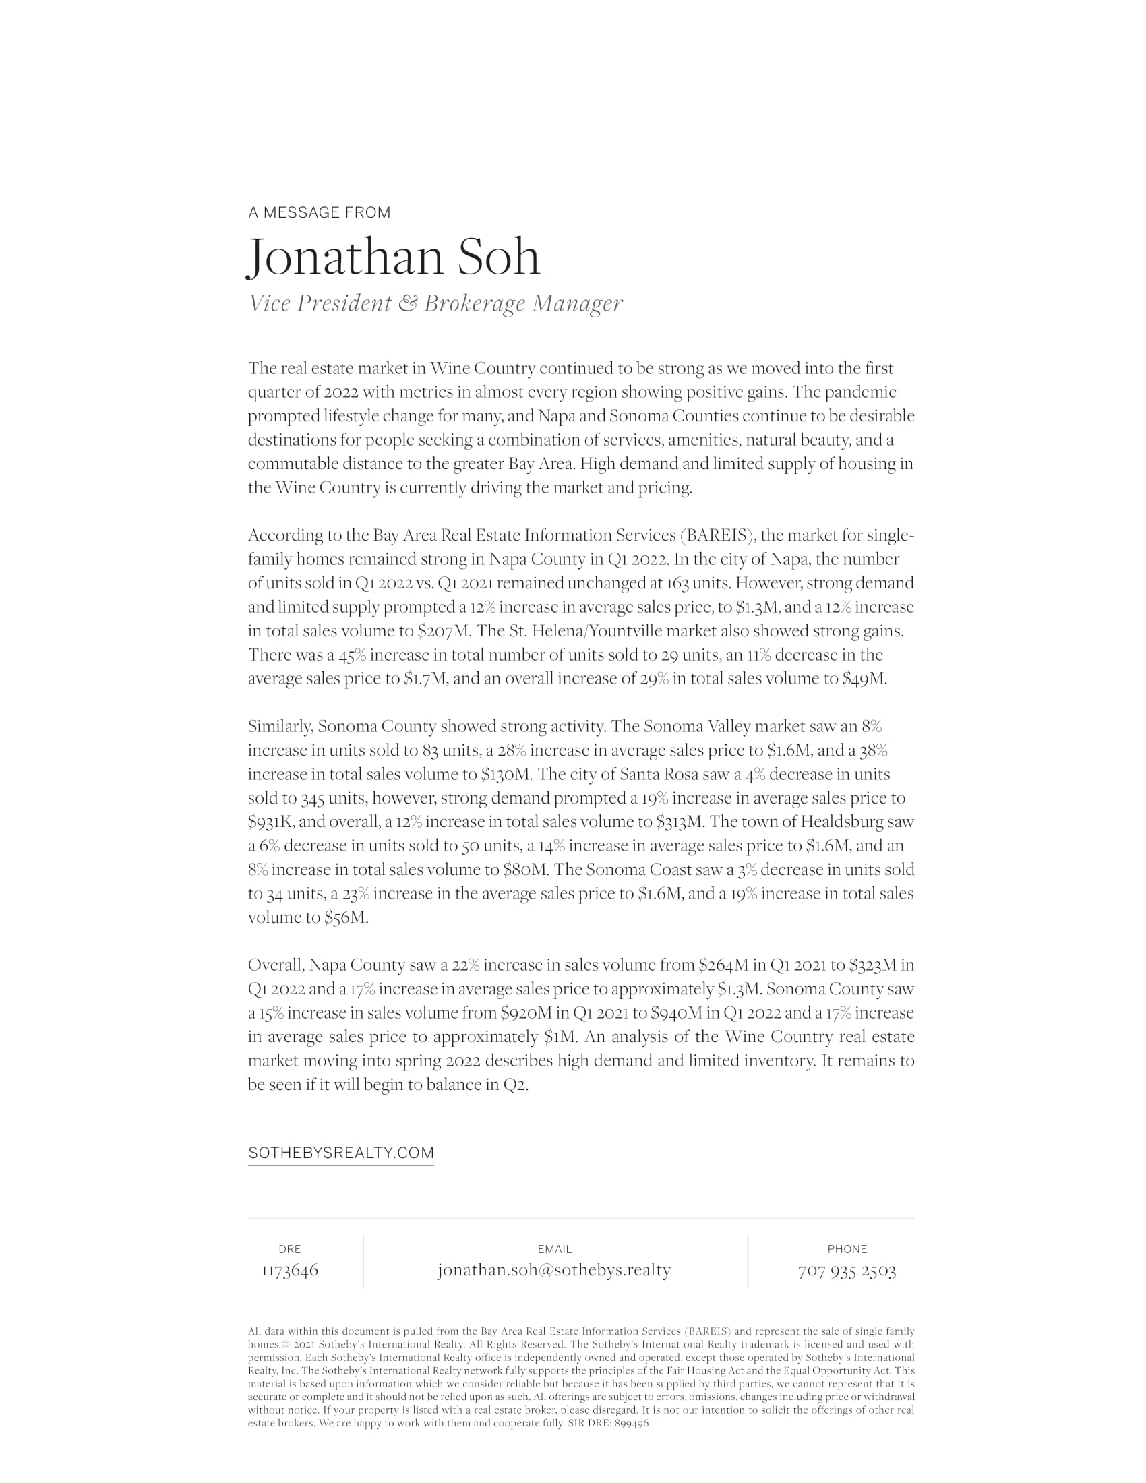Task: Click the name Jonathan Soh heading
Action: (x=394, y=258)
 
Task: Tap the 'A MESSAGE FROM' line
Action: (x=319, y=212)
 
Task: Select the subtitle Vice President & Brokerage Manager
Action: (x=435, y=303)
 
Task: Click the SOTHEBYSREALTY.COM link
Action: (x=341, y=1153)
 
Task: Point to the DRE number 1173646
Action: (x=290, y=1271)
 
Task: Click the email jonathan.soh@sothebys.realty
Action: (x=554, y=1271)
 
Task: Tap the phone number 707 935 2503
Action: (x=847, y=1271)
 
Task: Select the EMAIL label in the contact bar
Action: (x=554, y=1249)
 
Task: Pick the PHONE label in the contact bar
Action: (x=847, y=1249)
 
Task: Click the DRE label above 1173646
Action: (x=290, y=1249)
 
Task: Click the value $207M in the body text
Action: (x=444, y=632)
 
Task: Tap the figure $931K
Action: (x=271, y=822)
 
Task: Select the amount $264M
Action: (x=723, y=965)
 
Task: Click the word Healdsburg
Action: (x=841, y=822)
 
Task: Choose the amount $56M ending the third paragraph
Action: (x=346, y=918)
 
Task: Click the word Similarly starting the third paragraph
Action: (x=280, y=727)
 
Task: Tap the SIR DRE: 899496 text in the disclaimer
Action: (x=608, y=1423)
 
